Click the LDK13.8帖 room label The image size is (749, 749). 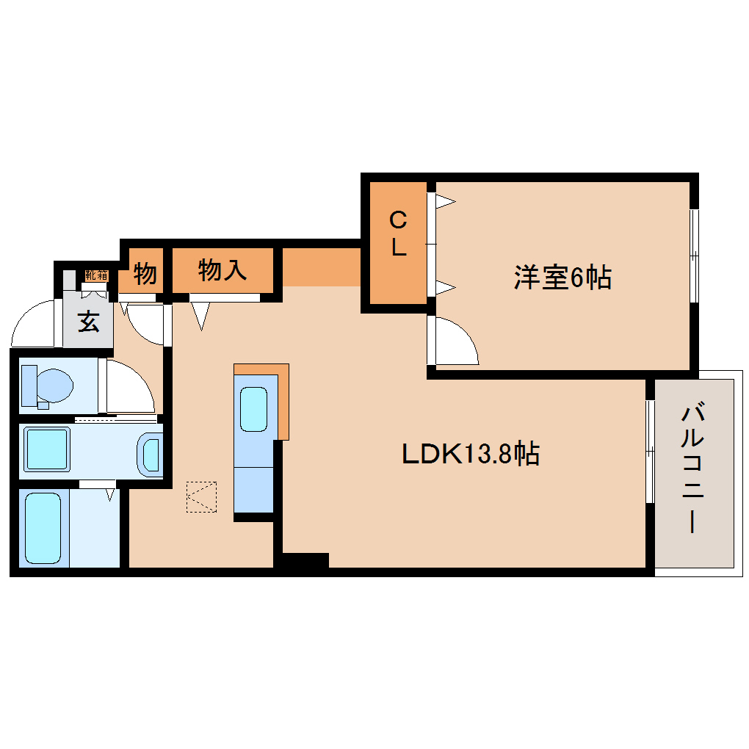(471, 454)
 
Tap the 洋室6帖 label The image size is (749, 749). (562, 278)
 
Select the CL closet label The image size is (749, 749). (397, 234)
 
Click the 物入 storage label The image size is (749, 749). (222, 271)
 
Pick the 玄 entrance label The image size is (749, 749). (89, 322)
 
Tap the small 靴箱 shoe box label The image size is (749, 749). (95, 275)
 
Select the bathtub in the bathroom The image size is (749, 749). (43, 527)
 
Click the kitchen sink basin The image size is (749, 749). (253, 408)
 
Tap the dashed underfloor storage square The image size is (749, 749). (201, 497)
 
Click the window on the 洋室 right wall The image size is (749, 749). (694, 256)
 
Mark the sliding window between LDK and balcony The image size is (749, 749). (650, 451)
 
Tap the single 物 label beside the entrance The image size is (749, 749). (145, 274)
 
